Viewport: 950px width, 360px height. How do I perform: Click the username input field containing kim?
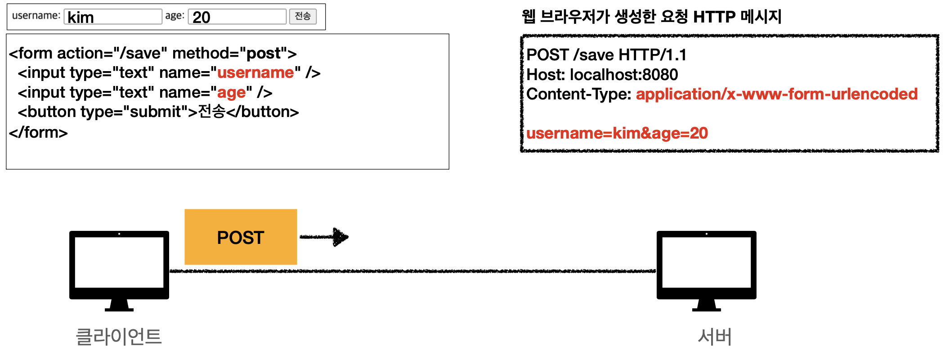click(x=112, y=17)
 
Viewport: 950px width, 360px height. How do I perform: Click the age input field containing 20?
click(x=237, y=17)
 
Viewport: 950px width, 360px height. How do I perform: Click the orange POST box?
click(x=241, y=237)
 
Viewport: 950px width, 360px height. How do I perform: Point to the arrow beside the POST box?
click(x=324, y=237)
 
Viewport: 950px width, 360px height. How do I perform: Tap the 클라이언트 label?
click(x=119, y=337)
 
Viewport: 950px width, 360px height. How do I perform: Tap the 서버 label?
click(x=715, y=337)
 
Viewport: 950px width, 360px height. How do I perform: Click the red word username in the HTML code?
click(x=255, y=73)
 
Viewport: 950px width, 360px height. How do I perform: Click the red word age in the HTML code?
click(x=232, y=93)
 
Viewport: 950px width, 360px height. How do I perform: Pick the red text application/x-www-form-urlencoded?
click(x=776, y=94)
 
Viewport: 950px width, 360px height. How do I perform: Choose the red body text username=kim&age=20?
click(x=617, y=133)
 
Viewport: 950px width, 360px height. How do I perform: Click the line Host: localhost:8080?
click(x=602, y=75)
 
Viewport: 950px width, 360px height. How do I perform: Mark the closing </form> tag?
click(x=38, y=133)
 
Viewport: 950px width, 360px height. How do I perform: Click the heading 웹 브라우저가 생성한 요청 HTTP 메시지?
click(x=651, y=17)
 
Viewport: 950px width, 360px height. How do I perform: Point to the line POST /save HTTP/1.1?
click(x=606, y=55)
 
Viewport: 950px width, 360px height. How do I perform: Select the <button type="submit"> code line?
click(x=158, y=112)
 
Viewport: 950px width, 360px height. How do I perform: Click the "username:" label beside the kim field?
click(x=36, y=16)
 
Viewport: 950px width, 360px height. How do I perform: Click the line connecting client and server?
click(x=412, y=271)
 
